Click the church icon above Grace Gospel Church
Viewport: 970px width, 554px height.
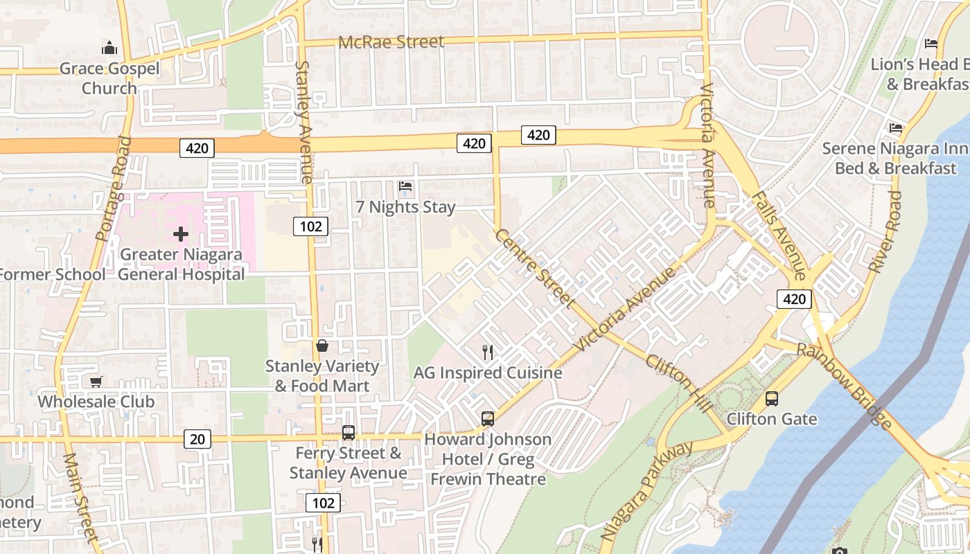coord(109,48)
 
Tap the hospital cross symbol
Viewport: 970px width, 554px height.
coord(181,234)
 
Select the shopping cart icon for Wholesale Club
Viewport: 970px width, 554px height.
coord(96,382)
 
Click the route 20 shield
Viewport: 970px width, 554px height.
coord(197,438)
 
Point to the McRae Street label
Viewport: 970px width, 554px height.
coord(391,42)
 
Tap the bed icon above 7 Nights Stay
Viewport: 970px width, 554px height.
coord(405,186)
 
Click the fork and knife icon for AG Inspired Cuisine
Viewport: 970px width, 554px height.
coord(488,352)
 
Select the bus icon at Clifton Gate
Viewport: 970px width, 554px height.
coord(771,399)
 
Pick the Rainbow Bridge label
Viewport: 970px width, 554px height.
coord(844,385)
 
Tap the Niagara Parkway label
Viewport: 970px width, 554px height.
coord(646,490)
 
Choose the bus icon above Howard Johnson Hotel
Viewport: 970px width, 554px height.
coord(488,419)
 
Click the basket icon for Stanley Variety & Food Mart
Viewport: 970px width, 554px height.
coord(322,346)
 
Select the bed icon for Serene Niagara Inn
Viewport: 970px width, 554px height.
coord(896,128)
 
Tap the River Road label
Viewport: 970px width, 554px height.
coord(885,232)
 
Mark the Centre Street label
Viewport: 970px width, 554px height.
coord(534,268)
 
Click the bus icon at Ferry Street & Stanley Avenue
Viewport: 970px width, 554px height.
coord(349,433)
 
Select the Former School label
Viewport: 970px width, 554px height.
coord(53,274)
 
